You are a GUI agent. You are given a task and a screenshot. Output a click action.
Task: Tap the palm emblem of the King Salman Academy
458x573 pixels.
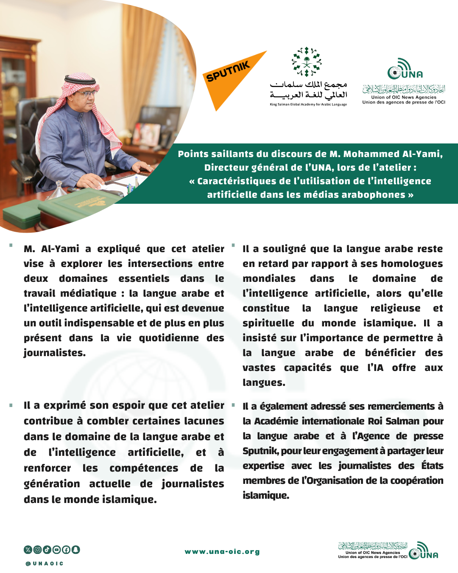(x=307, y=62)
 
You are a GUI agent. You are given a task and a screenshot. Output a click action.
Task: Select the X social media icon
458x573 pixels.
(x=28, y=550)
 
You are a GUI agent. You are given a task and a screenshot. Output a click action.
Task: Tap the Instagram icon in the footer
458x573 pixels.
(x=37, y=550)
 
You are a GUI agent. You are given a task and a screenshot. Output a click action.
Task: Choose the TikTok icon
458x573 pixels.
(x=47, y=550)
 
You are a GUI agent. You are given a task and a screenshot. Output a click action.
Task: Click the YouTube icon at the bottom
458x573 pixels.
(x=56, y=550)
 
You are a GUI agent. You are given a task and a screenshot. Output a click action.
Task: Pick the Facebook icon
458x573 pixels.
(x=66, y=550)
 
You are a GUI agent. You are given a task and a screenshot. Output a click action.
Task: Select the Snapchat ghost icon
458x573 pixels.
(x=75, y=550)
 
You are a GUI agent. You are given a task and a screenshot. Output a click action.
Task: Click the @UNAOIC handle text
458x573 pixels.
(x=45, y=564)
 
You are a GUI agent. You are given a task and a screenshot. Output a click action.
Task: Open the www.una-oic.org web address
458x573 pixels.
(x=222, y=552)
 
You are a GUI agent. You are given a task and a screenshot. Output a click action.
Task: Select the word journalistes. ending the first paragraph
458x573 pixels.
(x=55, y=353)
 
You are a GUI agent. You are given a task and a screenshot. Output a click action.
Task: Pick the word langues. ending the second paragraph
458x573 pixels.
(x=264, y=382)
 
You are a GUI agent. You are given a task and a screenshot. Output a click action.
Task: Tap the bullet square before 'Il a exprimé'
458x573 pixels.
(x=11, y=405)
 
